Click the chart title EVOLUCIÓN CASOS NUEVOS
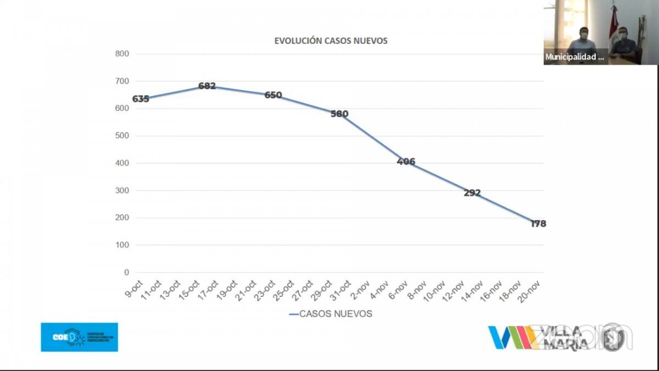pos(331,41)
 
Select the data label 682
pos(207,86)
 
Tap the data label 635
pos(141,99)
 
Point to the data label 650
pos(273,95)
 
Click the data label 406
pos(406,162)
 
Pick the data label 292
pos(472,193)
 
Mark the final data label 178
pos(538,224)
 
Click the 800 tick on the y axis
pos(122,54)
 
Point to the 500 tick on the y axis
pos(122,136)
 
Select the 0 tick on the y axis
pos(126,273)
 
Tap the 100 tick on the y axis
pos(122,245)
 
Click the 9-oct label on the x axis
pos(133,288)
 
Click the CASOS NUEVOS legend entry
pos(331,314)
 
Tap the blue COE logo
pos(79,337)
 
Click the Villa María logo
pos(541,337)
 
